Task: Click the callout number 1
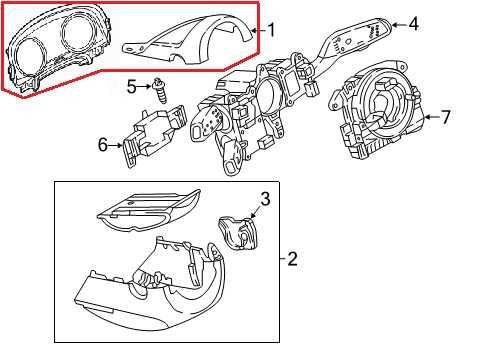pos(272,30)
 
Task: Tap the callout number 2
pos(292,258)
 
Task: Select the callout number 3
pos(265,199)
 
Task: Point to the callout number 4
pos(413,24)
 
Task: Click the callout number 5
pos(132,87)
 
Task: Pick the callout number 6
pos(103,145)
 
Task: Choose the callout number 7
pos(445,117)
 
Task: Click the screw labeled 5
pos(160,90)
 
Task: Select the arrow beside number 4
pos(399,24)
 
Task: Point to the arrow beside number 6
pos(115,145)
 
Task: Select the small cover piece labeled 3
pos(239,232)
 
